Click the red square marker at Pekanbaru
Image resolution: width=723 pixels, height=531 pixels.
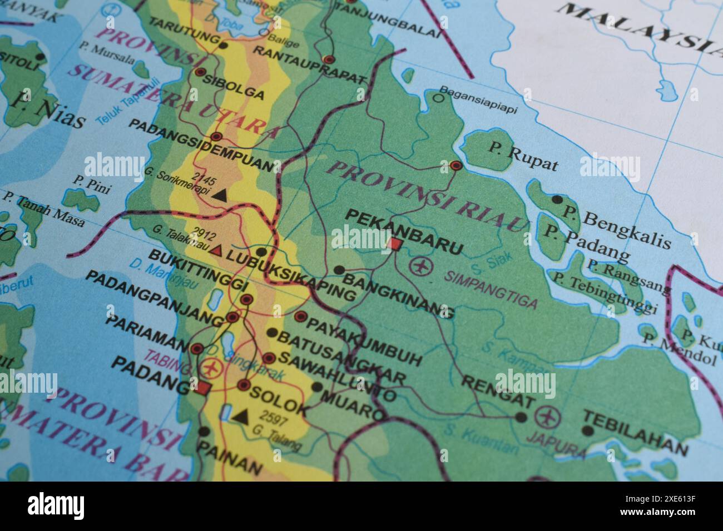tap(395, 244)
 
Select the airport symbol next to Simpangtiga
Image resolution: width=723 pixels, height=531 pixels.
tap(421, 265)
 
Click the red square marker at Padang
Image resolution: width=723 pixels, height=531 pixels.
tap(204, 388)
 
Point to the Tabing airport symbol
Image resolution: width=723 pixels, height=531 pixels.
tap(211, 367)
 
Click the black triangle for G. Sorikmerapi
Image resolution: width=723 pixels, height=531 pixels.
tap(220, 194)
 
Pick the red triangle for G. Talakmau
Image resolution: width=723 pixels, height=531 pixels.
tap(216, 251)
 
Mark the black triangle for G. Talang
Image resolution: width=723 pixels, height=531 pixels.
tap(240, 416)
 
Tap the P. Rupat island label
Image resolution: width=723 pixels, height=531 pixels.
tap(523, 155)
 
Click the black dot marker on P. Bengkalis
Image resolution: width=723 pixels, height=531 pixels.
tap(557, 199)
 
